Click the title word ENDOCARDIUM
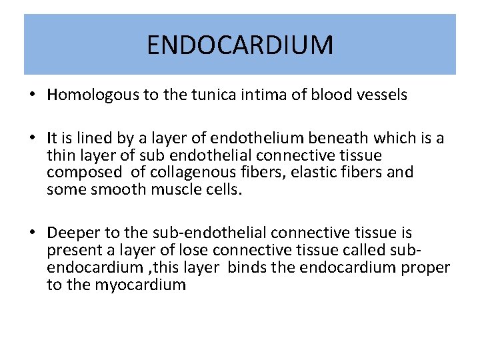pyautogui.click(x=239, y=45)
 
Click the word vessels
pyautogui.click(x=379, y=95)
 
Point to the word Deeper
pyautogui.click(x=73, y=233)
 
